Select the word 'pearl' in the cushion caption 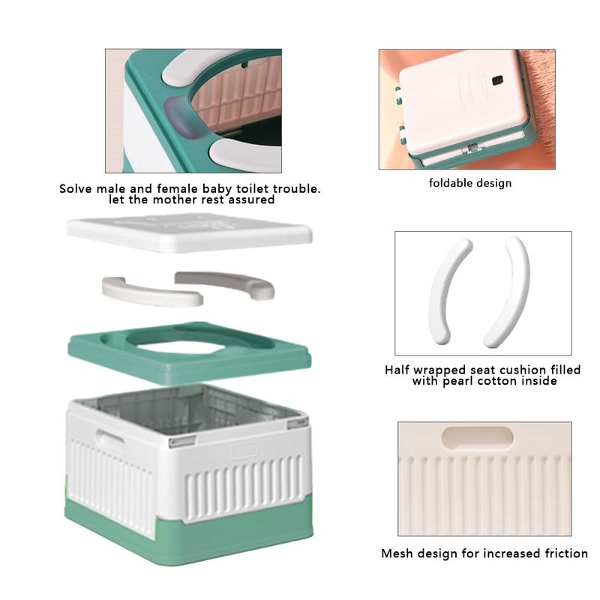[457, 382]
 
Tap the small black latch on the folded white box [497, 80]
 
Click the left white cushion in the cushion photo [450, 292]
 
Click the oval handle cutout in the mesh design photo [478, 437]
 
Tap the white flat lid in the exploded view [190, 233]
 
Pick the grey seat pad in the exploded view [225, 283]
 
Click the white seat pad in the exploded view [151, 292]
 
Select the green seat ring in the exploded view [190, 354]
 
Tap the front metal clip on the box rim [182, 442]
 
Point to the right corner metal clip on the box [298, 422]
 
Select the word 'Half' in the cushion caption [397, 370]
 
